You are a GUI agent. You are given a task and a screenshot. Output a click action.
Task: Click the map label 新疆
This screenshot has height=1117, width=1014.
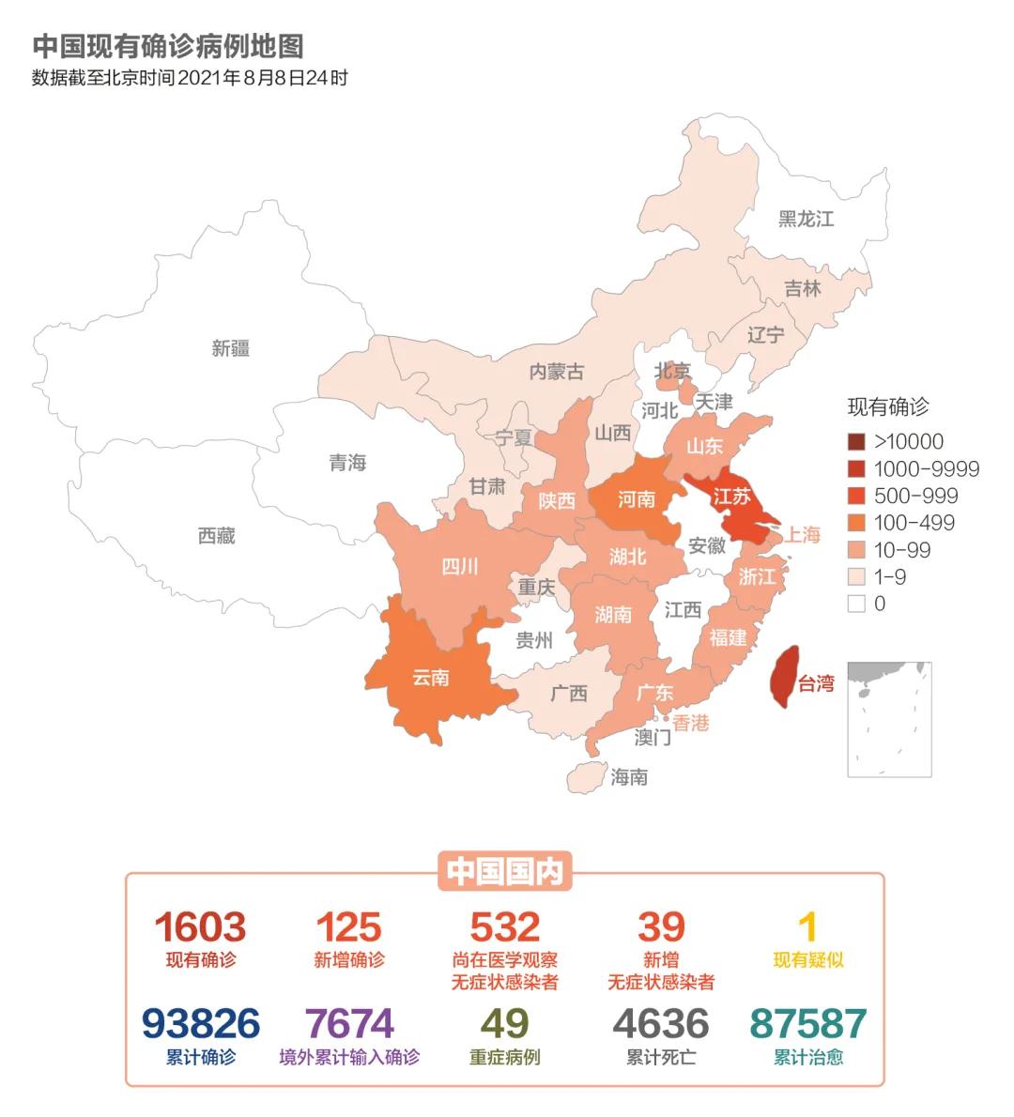[230, 348]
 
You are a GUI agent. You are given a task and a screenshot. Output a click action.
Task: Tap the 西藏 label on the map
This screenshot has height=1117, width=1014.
[216, 536]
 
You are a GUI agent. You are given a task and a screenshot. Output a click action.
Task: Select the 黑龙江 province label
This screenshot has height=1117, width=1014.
[806, 219]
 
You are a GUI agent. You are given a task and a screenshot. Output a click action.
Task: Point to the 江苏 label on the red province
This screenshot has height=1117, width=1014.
[732, 496]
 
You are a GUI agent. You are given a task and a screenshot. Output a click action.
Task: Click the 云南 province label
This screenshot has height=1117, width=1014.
[430, 678]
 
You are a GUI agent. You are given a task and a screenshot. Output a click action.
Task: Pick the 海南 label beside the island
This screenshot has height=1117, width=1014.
[629, 777]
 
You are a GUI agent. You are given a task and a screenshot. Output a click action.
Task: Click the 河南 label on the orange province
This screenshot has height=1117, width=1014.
[636, 498]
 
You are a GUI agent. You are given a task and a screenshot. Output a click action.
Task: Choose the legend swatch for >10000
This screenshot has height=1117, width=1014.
[856, 442]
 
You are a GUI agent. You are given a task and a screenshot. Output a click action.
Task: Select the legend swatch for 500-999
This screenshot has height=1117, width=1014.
[856, 496]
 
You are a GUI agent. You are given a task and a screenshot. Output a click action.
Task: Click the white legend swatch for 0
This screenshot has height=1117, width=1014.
[856, 604]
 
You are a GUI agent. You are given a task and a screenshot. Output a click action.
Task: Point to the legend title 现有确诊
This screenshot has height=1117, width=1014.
[887, 406]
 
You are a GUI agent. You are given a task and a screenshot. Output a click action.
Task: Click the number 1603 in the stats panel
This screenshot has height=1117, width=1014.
[200, 927]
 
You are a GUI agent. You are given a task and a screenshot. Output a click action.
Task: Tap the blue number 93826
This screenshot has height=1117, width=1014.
[200, 1024]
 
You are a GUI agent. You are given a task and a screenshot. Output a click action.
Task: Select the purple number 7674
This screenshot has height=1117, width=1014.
[349, 1024]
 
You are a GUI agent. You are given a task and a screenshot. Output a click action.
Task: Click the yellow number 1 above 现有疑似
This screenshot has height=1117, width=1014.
[807, 927]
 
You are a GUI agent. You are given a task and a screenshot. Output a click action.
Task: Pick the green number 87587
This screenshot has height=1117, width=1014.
[807, 1024]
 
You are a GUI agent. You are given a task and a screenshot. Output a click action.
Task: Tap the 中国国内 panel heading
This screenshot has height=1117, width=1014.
[505, 872]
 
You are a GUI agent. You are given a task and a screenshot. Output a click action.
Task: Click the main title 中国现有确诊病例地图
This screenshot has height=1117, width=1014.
[168, 46]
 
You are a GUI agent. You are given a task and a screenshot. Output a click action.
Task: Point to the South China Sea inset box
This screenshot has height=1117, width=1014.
[889, 719]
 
